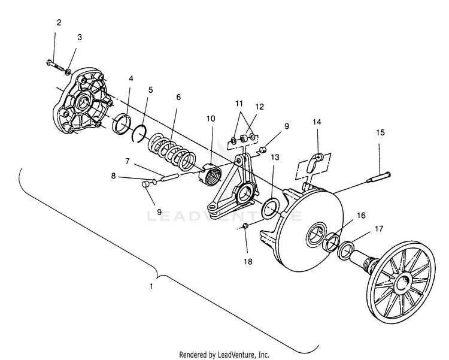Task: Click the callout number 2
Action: coord(59,22)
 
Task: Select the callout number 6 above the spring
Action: coord(178,97)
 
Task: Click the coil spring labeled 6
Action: coord(172,152)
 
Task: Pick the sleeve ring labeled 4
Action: coord(122,124)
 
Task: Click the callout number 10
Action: coord(211,119)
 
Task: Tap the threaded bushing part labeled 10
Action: coord(211,176)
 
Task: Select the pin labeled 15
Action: coord(378,177)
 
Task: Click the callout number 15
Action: coord(380,133)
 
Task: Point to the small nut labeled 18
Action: coord(245,226)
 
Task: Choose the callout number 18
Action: coord(248,261)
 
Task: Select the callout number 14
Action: coord(317,122)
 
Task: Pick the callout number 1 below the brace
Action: coord(151,286)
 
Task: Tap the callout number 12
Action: coord(259,107)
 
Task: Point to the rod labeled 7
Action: coord(170,177)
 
